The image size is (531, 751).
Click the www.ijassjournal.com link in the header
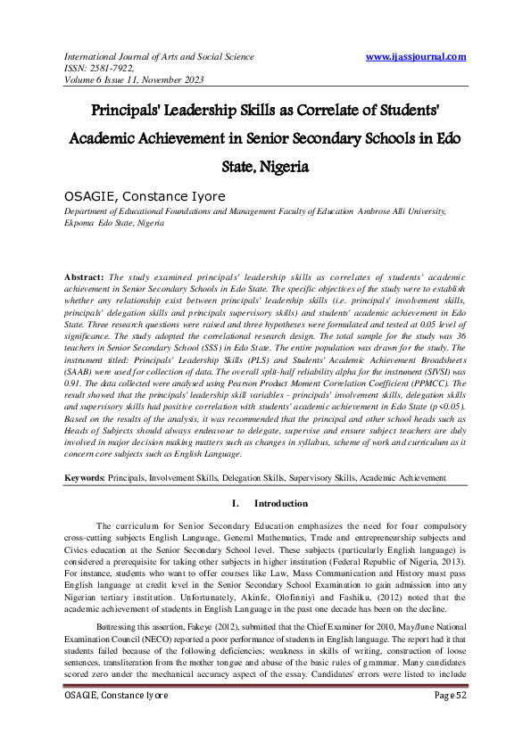(x=416, y=57)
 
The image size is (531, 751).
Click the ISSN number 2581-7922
(x=118, y=68)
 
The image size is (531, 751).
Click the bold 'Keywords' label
(x=84, y=478)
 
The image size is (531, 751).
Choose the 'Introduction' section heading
(x=281, y=504)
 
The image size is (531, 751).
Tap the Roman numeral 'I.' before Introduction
(x=234, y=504)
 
